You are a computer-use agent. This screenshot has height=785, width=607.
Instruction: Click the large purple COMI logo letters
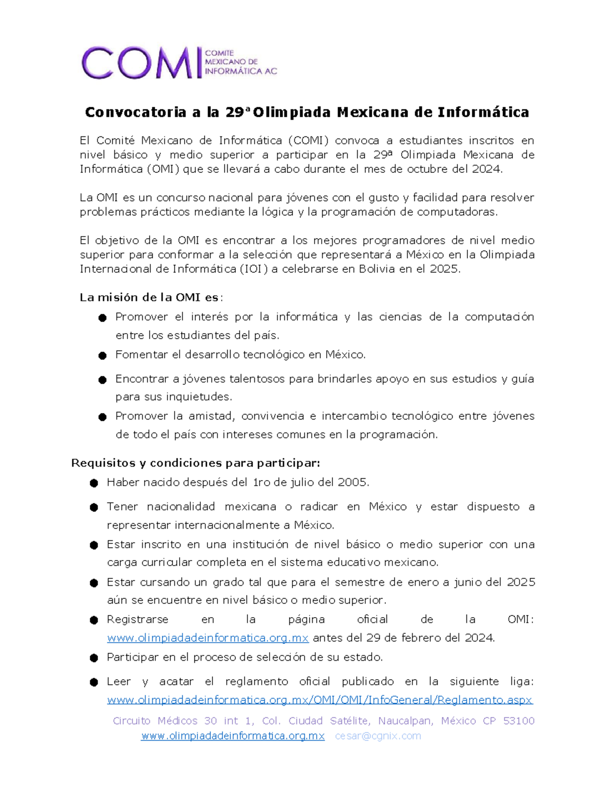[138, 63]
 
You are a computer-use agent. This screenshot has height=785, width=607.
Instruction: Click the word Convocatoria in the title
[136, 112]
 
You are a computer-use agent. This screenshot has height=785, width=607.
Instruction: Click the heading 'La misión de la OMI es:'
[151, 297]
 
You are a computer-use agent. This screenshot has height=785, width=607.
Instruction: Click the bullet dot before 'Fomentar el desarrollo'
[103, 356]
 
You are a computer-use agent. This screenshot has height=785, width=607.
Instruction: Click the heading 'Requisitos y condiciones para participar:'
[196, 463]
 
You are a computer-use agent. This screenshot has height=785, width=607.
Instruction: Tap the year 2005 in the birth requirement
[352, 482]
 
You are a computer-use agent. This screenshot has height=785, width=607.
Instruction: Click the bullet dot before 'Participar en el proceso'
[94, 658]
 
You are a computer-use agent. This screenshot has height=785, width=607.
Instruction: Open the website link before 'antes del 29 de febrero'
[208, 638]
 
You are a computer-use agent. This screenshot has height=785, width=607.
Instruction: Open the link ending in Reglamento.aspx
[320, 700]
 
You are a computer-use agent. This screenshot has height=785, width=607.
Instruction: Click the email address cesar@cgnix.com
[378, 736]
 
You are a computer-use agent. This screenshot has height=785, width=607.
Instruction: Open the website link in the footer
[233, 736]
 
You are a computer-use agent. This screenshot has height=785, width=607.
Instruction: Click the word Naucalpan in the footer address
[405, 721]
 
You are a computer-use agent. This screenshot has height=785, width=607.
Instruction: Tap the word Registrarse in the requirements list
[138, 620]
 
